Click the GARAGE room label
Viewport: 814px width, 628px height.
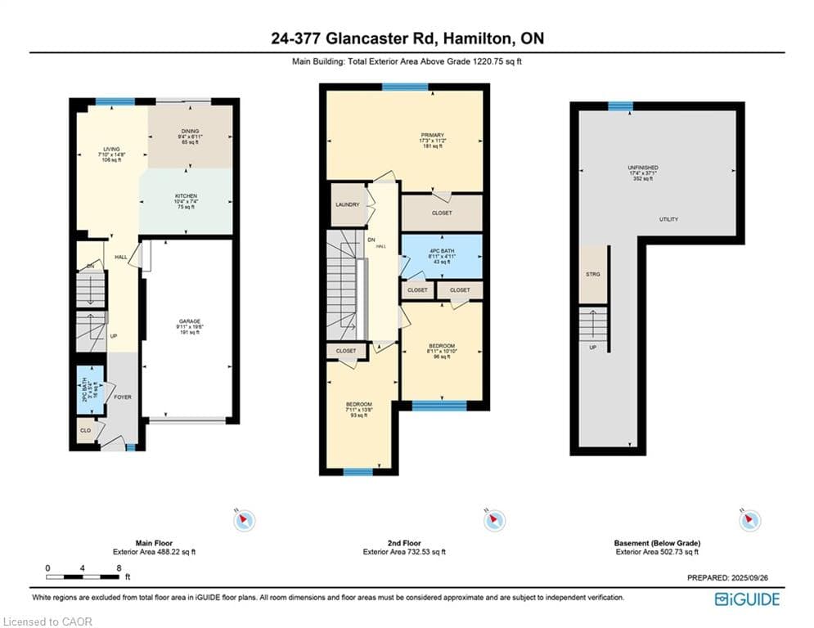(x=190, y=321)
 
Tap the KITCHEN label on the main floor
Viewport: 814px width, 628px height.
(x=186, y=196)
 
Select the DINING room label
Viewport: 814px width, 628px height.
(x=190, y=131)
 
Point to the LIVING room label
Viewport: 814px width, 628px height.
(x=110, y=150)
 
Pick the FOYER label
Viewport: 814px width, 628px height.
(x=123, y=397)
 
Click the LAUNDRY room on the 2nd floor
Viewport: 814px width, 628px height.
(x=347, y=204)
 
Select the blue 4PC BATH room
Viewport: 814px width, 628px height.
(x=441, y=256)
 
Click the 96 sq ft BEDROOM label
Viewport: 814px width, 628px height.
(x=442, y=346)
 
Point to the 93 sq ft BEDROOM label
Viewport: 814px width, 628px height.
(x=358, y=405)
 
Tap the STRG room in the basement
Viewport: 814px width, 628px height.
(x=594, y=274)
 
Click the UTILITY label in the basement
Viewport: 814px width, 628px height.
(x=668, y=219)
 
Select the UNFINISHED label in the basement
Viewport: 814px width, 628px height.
(x=643, y=168)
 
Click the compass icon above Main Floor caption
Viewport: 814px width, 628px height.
(x=245, y=520)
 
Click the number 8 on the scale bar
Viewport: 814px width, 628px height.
(x=119, y=567)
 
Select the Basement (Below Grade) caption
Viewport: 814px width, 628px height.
(x=657, y=543)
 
